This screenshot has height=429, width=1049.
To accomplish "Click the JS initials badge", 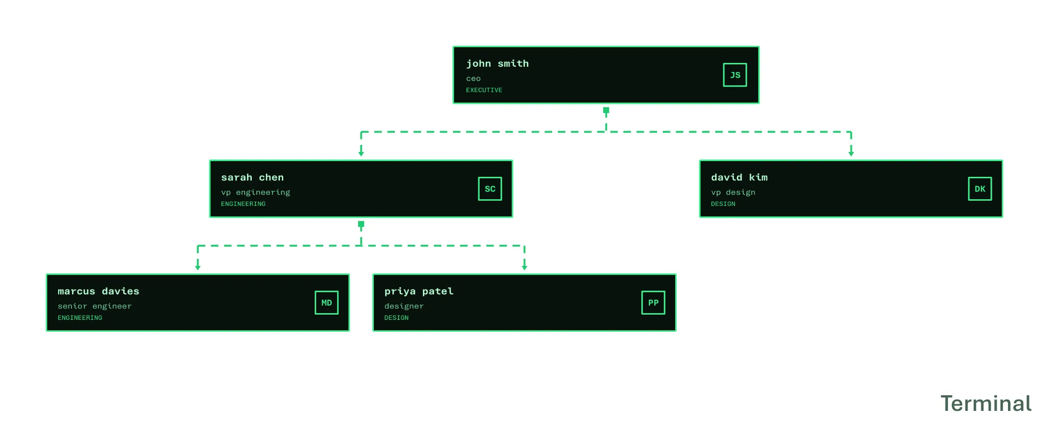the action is click(x=735, y=75).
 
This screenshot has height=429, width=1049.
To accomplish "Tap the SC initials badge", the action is click(x=490, y=189).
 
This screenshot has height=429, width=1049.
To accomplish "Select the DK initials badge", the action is click(x=980, y=189).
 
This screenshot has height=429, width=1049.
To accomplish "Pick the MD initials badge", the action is click(x=327, y=303).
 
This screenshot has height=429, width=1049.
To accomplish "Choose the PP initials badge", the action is click(x=653, y=303).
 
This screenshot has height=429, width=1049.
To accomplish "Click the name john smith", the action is click(x=497, y=63).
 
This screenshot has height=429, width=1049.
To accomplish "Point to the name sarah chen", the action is click(x=252, y=177).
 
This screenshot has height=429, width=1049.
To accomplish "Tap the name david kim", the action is click(x=739, y=177).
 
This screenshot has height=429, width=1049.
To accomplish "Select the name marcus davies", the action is click(x=98, y=291).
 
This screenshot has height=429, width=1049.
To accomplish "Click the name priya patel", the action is click(x=419, y=292).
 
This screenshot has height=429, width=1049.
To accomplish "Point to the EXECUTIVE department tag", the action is click(x=484, y=90).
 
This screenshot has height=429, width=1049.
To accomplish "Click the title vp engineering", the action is click(x=256, y=193).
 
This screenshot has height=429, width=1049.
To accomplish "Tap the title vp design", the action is click(x=733, y=193).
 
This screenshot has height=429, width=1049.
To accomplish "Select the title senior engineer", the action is click(x=94, y=306).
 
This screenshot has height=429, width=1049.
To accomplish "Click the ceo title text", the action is click(x=473, y=79).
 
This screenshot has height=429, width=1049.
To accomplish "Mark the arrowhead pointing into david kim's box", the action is click(x=851, y=153).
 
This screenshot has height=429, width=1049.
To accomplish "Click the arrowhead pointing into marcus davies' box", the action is click(x=198, y=267).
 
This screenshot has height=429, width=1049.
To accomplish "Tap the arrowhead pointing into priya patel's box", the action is click(x=524, y=267).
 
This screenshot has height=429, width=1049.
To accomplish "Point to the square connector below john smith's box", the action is click(x=606, y=110).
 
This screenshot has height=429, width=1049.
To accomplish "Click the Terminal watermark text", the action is click(x=986, y=404).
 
